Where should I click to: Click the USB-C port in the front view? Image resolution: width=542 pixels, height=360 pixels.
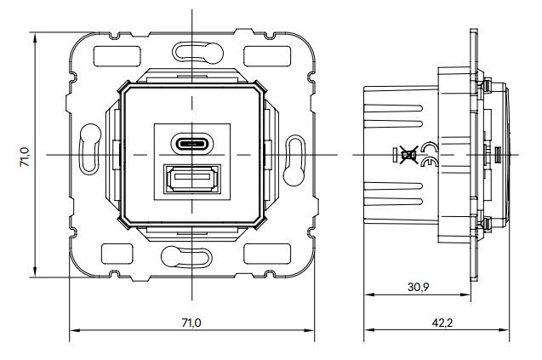point(191,143)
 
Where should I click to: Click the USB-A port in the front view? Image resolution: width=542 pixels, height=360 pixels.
point(191,179)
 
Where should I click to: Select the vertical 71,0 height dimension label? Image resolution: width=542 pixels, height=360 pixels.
point(25,157)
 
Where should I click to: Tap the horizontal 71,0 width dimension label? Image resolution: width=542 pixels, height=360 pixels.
point(191,323)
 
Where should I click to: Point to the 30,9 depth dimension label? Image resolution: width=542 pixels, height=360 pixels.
point(419,287)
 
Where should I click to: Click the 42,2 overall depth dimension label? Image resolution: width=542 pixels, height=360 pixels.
point(442,323)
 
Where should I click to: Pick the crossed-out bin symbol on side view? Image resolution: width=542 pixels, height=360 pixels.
point(408,154)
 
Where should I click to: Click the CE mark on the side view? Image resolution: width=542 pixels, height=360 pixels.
point(430,154)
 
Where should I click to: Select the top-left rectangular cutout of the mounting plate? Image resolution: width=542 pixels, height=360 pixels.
point(117,56)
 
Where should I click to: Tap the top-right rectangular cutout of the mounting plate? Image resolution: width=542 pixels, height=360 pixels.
point(267,56)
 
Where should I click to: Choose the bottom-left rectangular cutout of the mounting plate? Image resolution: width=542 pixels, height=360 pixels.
point(117,254)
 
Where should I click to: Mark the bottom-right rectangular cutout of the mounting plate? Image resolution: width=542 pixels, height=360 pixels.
point(267,254)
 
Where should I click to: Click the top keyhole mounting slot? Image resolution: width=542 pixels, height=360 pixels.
point(197,53)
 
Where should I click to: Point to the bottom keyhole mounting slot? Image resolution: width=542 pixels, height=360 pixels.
point(186,257)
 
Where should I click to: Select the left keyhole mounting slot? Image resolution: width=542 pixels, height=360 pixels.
point(90,149)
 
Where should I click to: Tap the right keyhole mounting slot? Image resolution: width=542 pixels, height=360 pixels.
point(294,161)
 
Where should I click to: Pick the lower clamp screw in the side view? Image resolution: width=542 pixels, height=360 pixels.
point(485,223)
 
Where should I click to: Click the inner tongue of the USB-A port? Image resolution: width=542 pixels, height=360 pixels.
point(192,176)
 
